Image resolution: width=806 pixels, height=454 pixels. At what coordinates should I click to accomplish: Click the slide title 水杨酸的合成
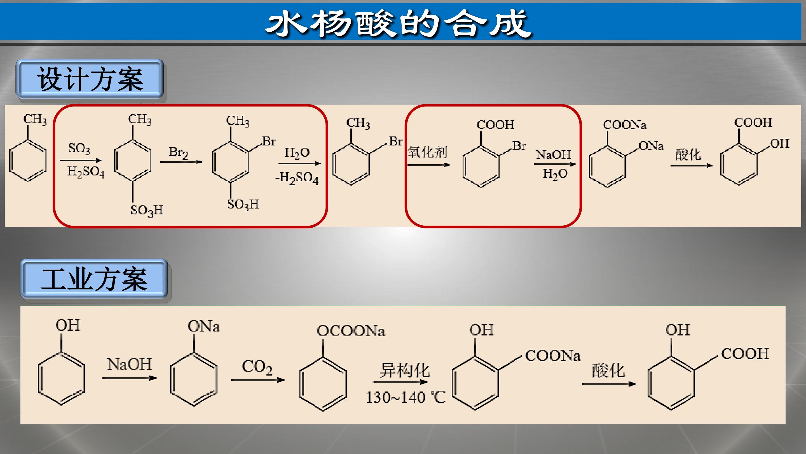pos(398,24)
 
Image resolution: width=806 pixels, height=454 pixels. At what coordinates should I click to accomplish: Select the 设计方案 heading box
pos(90,79)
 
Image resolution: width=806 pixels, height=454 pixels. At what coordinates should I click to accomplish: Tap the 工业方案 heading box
pos(94,279)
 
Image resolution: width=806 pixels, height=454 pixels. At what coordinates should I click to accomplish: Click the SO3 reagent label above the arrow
pos(79,149)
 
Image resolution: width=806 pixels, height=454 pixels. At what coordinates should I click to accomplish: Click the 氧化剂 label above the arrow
pos(427,152)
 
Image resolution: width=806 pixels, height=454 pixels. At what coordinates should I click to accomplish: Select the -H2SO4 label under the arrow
pos(297,178)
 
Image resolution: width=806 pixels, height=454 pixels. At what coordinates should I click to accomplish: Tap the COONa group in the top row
pos(625,125)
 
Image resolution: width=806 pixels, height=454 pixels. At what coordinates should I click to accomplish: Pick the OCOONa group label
pos(351,331)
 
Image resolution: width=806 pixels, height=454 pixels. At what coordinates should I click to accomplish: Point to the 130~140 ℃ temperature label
pos(406,398)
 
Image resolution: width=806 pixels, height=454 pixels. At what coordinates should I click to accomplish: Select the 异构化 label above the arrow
pos(405,371)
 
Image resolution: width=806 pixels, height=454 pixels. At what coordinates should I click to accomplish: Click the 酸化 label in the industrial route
pos(608,371)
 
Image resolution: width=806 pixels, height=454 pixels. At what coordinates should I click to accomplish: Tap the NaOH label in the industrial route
pos(129,364)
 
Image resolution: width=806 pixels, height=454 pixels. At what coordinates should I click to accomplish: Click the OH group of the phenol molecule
pos(67,325)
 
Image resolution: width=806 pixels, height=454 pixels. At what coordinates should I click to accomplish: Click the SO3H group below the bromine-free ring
pos(147,210)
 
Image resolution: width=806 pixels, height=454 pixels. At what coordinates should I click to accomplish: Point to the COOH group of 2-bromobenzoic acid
pos(495,125)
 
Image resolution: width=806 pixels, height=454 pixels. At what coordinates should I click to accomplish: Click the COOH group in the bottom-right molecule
pos(745,354)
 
